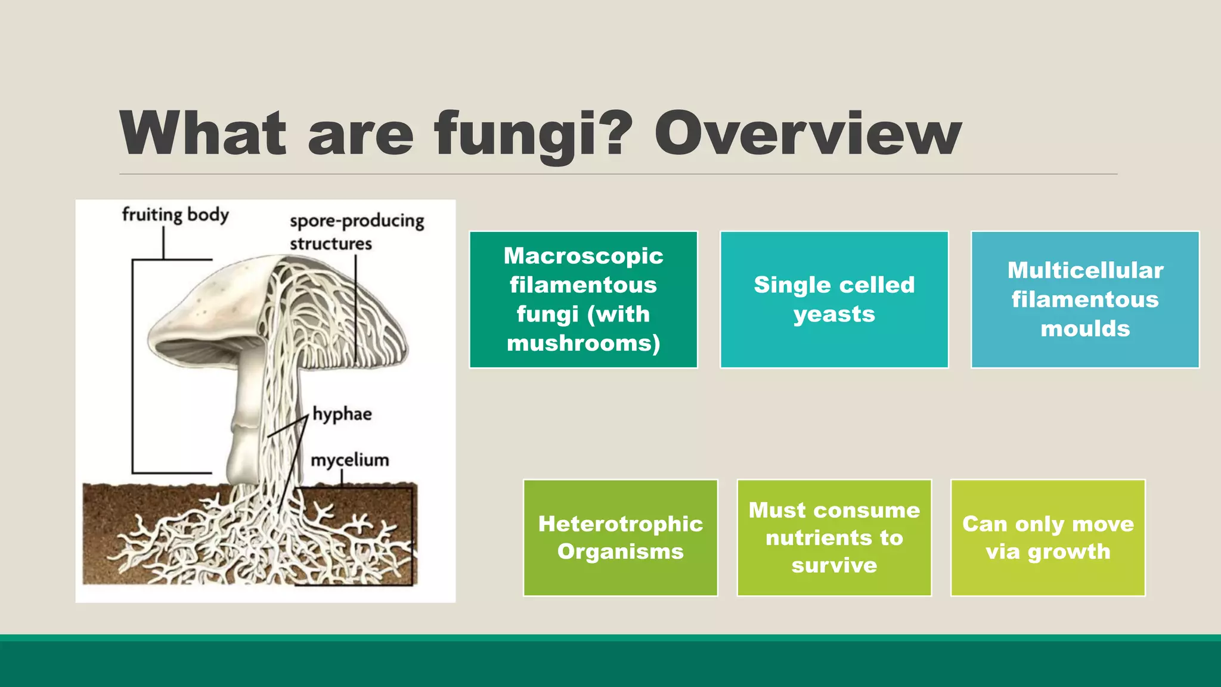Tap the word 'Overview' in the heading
click(808, 134)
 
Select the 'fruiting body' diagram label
click(175, 214)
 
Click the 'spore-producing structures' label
click(356, 232)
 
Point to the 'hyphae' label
click(342, 414)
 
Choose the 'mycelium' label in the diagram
click(350, 460)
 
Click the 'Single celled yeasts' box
click(834, 299)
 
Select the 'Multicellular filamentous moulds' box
click(1084, 299)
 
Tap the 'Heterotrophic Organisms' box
click(620, 537)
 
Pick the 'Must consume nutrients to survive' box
click(834, 537)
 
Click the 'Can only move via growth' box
click(1048, 537)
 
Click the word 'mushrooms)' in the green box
click(583, 343)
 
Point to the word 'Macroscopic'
click(583, 256)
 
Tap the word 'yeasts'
click(834, 314)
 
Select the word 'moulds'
click(1085, 329)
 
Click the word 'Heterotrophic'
click(620, 524)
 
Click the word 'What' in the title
click(203, 134)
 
